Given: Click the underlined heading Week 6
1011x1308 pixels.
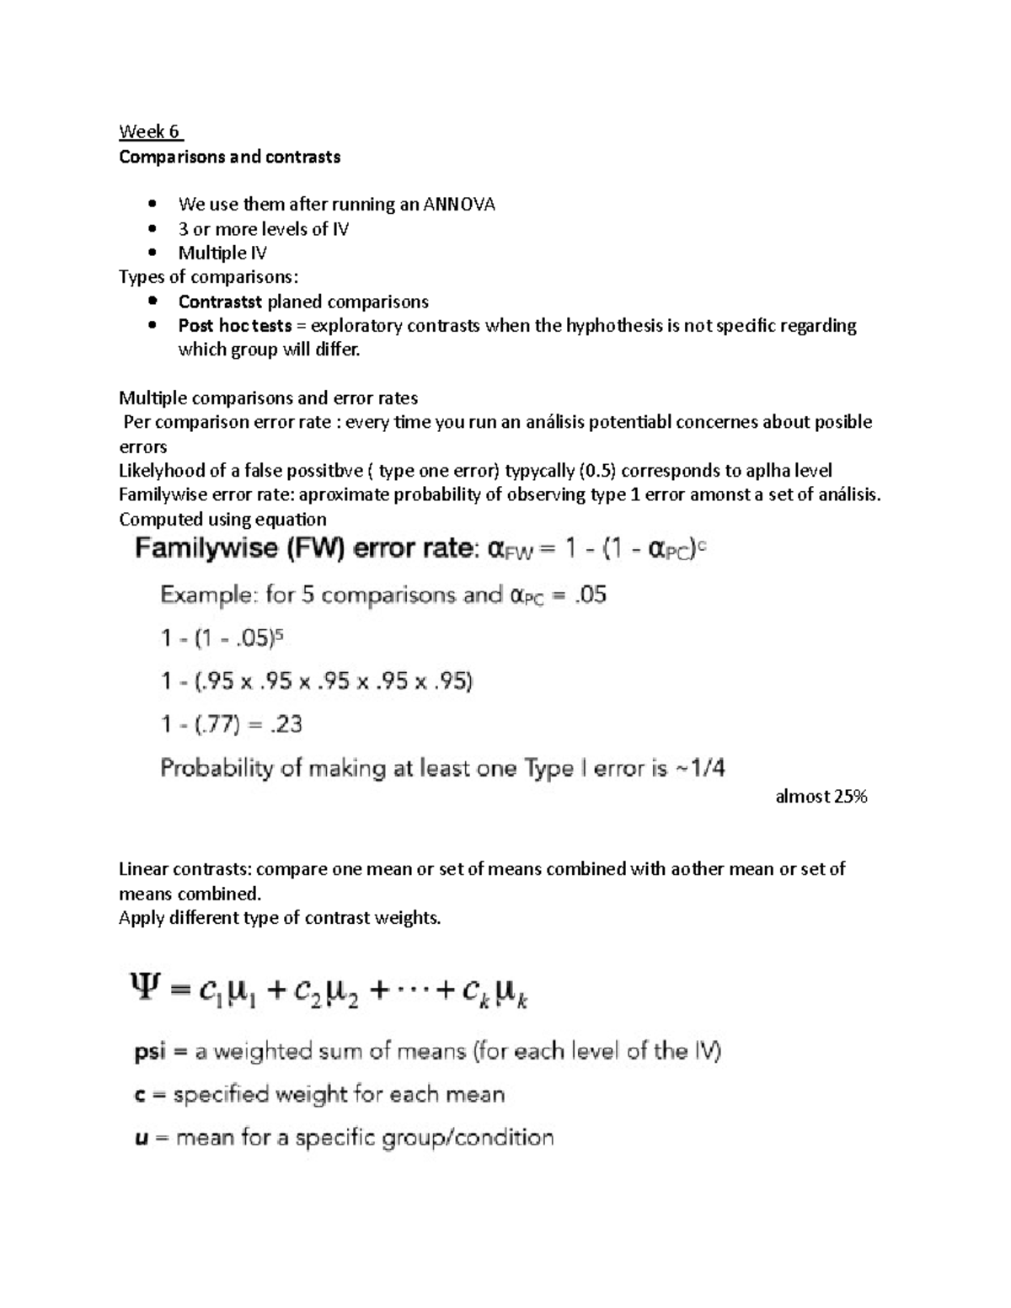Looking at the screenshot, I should [150, 131].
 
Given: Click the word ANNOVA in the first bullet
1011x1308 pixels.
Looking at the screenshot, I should [459, 205].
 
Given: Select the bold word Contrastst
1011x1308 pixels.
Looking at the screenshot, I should [221, 302].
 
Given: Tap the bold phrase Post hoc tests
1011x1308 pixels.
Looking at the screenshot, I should [235, 326].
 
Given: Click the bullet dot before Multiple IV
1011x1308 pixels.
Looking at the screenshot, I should [152, 253].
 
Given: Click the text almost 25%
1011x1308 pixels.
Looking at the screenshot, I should [821, 796].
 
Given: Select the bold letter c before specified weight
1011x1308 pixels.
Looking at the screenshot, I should [142, 1095].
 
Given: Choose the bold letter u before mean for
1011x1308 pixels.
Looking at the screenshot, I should [142, 1139].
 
